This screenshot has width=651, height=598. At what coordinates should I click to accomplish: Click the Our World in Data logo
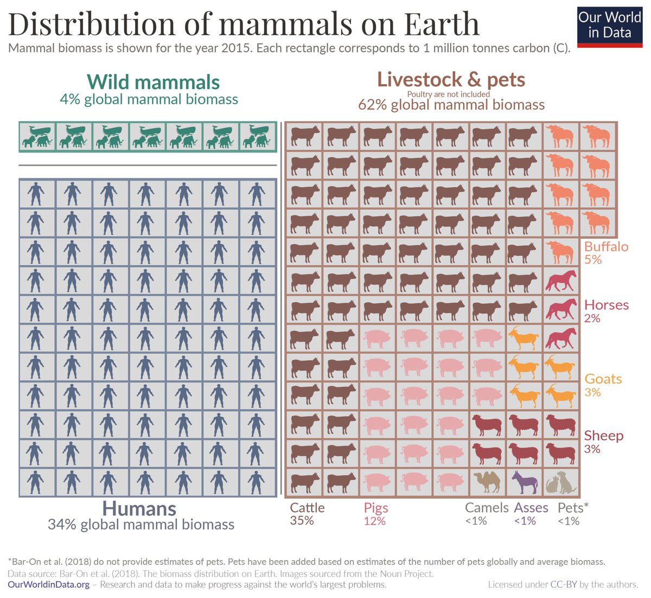609,25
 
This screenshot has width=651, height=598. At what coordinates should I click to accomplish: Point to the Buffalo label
606,246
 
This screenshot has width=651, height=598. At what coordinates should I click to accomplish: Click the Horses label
606,305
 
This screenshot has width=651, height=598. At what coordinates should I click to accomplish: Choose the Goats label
603,379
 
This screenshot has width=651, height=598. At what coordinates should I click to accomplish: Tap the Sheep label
603,436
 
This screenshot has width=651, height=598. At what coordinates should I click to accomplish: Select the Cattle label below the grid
307,508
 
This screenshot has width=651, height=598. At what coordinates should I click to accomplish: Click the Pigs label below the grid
376,508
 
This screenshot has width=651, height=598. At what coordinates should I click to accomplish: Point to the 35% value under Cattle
302,521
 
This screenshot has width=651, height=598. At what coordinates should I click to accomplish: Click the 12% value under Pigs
374,521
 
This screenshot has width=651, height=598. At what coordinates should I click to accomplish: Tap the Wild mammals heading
153,82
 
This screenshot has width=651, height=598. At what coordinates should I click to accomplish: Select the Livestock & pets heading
451,79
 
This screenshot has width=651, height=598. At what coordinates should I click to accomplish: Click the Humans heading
139,508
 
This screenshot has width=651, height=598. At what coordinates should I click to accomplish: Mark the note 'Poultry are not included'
448,94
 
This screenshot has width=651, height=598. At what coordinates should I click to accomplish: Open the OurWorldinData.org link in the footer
48,584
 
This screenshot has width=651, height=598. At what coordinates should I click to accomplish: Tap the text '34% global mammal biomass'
141,525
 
